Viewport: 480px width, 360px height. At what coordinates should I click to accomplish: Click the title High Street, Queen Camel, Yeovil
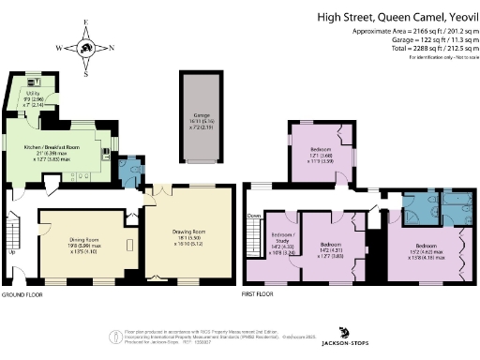pyautogui.click(x=397, y=16)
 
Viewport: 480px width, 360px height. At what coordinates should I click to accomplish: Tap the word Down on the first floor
pyautogui.click(x=253, y=216)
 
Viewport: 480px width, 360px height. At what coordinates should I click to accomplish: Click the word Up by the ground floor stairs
pyautogui.click(x=11, y=251)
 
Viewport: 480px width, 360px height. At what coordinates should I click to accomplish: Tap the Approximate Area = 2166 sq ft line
pyautogui.click(x=397, y=30)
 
